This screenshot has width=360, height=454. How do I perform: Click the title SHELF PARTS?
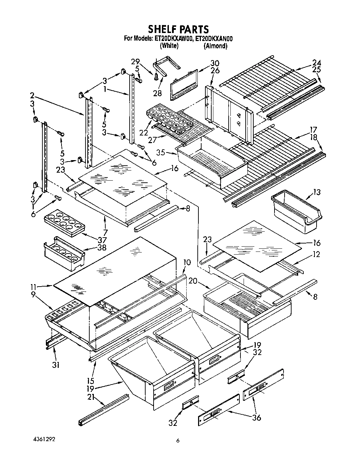coord(179,28)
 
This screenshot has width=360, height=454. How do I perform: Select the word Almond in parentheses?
coord(215,46)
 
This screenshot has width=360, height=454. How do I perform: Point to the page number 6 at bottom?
coord(178,441)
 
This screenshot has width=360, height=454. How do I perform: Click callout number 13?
coord(317,192)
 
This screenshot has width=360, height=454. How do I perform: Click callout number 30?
coord(215,63)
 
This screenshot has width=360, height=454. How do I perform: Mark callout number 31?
coord(56,365)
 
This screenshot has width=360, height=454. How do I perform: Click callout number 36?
coord(256,418)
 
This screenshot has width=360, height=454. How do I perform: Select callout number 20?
coord(193,281)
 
